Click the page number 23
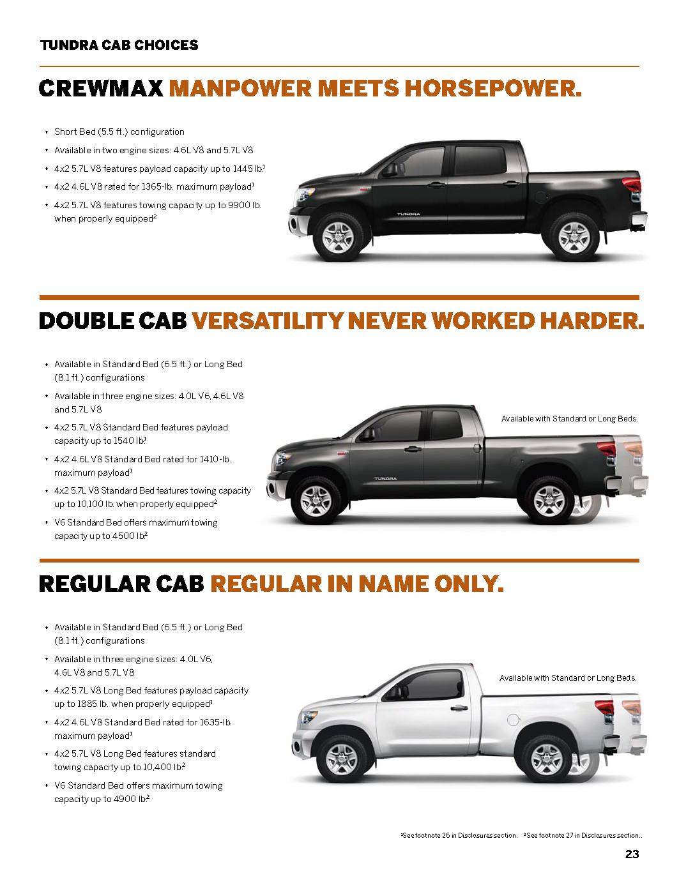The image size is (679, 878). [632, 854]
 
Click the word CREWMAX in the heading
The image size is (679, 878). [101, 88]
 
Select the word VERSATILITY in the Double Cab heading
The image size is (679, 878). [268, 321]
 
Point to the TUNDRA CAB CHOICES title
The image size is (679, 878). [119, 45]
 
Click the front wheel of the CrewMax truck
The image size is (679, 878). [339, 237]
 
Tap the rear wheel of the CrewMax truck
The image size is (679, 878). [574, 237]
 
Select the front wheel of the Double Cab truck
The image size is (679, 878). [316, 500]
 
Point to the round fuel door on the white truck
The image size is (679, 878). [513, 720]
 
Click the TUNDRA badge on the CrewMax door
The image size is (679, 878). [408, 214]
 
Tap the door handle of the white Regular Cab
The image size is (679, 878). [459, 708]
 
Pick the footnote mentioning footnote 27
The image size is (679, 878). [583, 835]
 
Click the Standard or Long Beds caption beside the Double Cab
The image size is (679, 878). [570, 419]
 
